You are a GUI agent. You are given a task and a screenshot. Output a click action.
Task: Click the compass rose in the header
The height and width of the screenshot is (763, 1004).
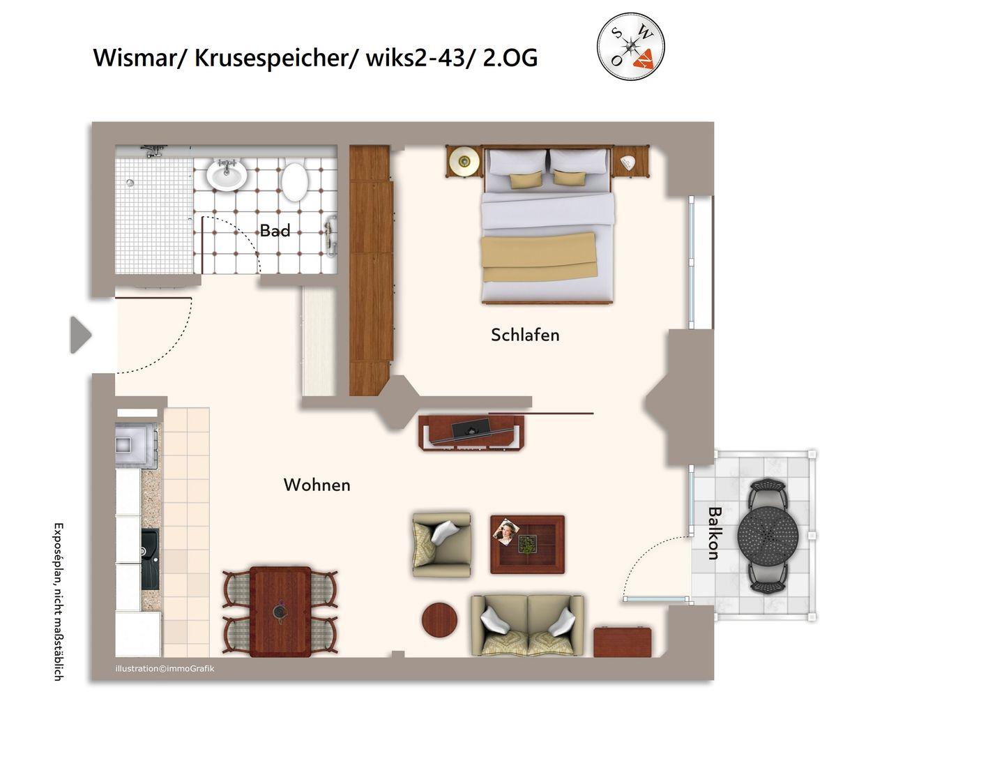coord(630,47)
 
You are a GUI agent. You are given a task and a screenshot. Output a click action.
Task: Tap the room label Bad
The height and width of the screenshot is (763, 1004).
coord(275,230)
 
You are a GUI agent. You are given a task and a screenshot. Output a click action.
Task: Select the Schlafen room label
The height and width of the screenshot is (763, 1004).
coord(525,335)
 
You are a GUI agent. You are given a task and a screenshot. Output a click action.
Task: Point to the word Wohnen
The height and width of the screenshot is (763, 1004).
coord(317,485)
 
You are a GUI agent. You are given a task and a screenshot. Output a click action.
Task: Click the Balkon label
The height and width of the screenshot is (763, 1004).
coord(714,533)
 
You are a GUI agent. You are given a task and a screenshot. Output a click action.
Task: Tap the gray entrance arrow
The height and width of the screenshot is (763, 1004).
coord(81,335)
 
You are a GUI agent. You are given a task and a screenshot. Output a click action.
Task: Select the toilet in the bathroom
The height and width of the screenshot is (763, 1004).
coord(294,180)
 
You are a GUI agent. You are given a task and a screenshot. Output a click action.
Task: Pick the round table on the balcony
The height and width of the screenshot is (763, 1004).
coord(768,535)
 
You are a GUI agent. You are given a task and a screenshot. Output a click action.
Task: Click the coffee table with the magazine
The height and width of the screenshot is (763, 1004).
coord(527,544)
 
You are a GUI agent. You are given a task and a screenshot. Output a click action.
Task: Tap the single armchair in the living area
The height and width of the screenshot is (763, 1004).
coord(442,544)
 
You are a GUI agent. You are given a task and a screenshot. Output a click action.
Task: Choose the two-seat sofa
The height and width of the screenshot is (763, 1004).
coord(527,625)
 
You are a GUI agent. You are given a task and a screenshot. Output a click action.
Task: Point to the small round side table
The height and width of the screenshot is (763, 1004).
coord(439,620)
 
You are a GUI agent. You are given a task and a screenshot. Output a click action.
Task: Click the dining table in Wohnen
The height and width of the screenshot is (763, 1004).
coord(280,612)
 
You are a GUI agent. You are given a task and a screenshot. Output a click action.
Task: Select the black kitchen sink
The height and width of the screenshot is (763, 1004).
coord(151,559)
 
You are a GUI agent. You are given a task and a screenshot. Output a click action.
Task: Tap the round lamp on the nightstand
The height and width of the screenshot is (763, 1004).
coord(464,161)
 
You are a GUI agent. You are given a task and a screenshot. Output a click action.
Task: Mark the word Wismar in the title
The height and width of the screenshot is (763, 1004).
coord(135,58)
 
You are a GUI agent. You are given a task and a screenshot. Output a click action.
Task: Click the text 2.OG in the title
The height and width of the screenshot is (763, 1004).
coord(510,59)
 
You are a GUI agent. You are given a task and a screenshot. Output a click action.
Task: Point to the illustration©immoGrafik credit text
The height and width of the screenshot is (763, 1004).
coord(165,669)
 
